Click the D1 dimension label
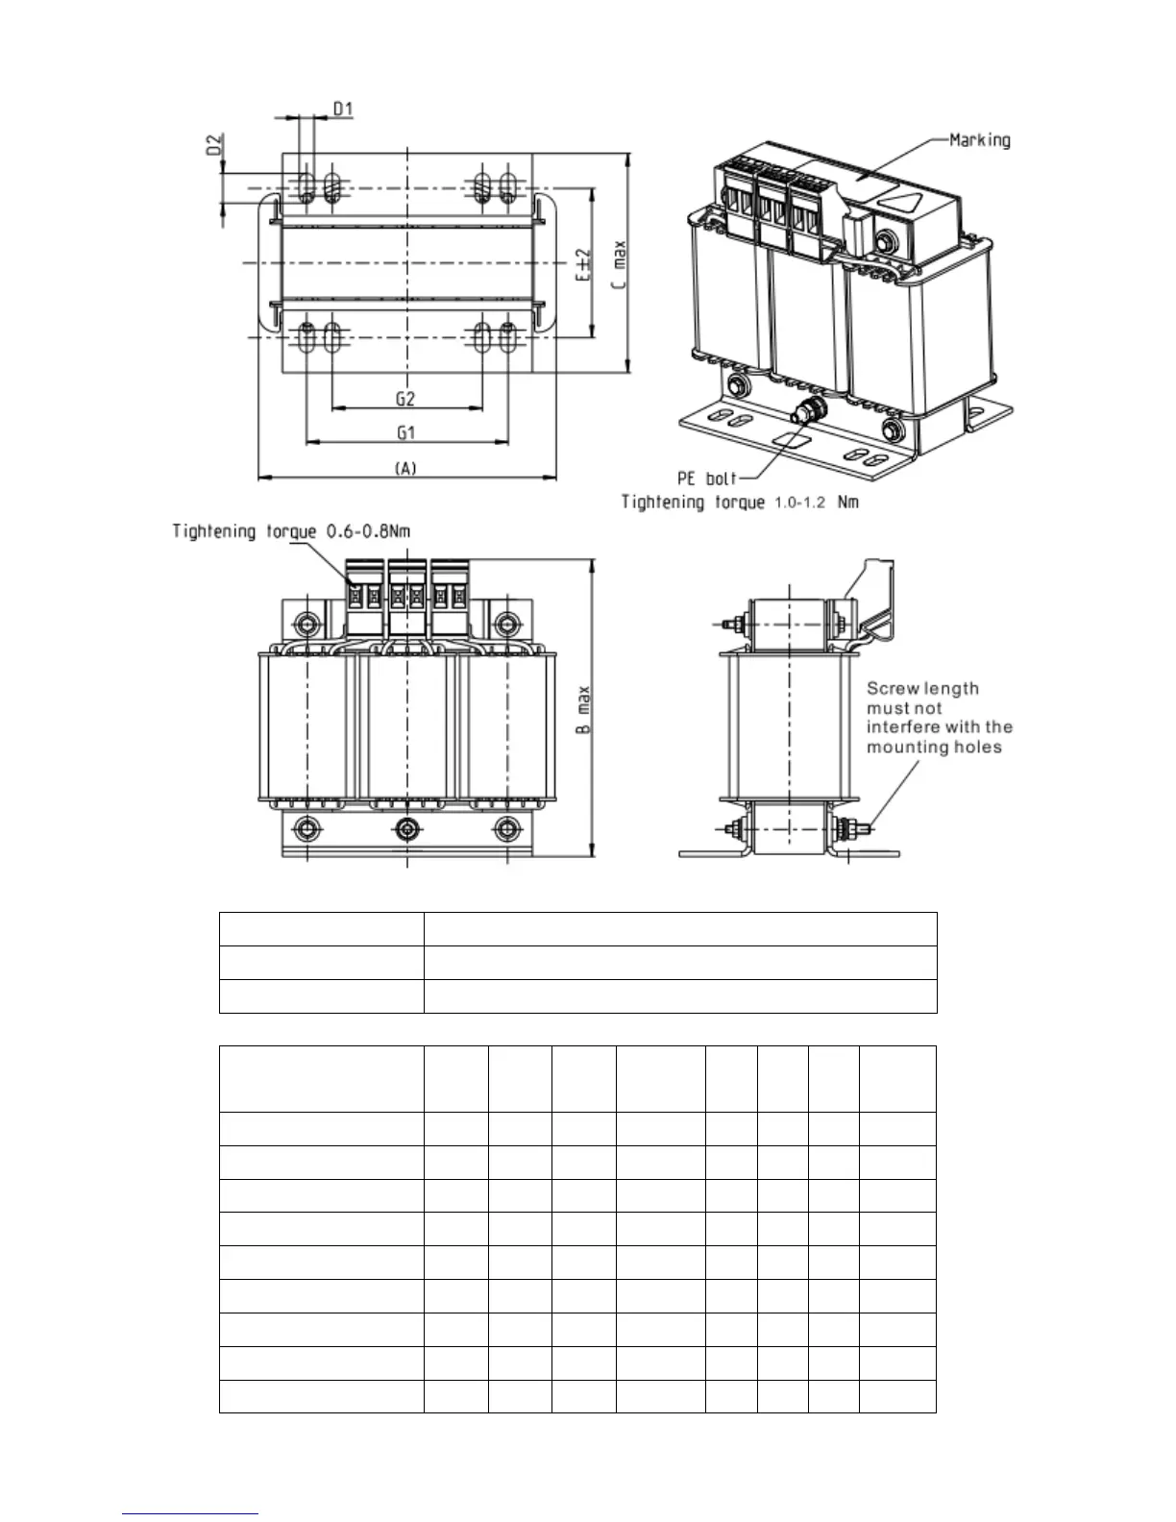tap(343, 110)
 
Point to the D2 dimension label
tap(214, 144)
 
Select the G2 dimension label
tap(405, 398)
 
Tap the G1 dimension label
tap(405, 432)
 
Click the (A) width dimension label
tap(405, 468)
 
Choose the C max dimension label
tap(621, 265)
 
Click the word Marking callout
tap(979, 140)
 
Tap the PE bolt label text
tap(706, 478)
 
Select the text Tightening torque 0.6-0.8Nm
tap(292, 531)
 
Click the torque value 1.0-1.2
tap(799, 503)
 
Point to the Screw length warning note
tap(939, 718)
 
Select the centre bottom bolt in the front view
tap(407, 827)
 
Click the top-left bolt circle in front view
tap(306, 624)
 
